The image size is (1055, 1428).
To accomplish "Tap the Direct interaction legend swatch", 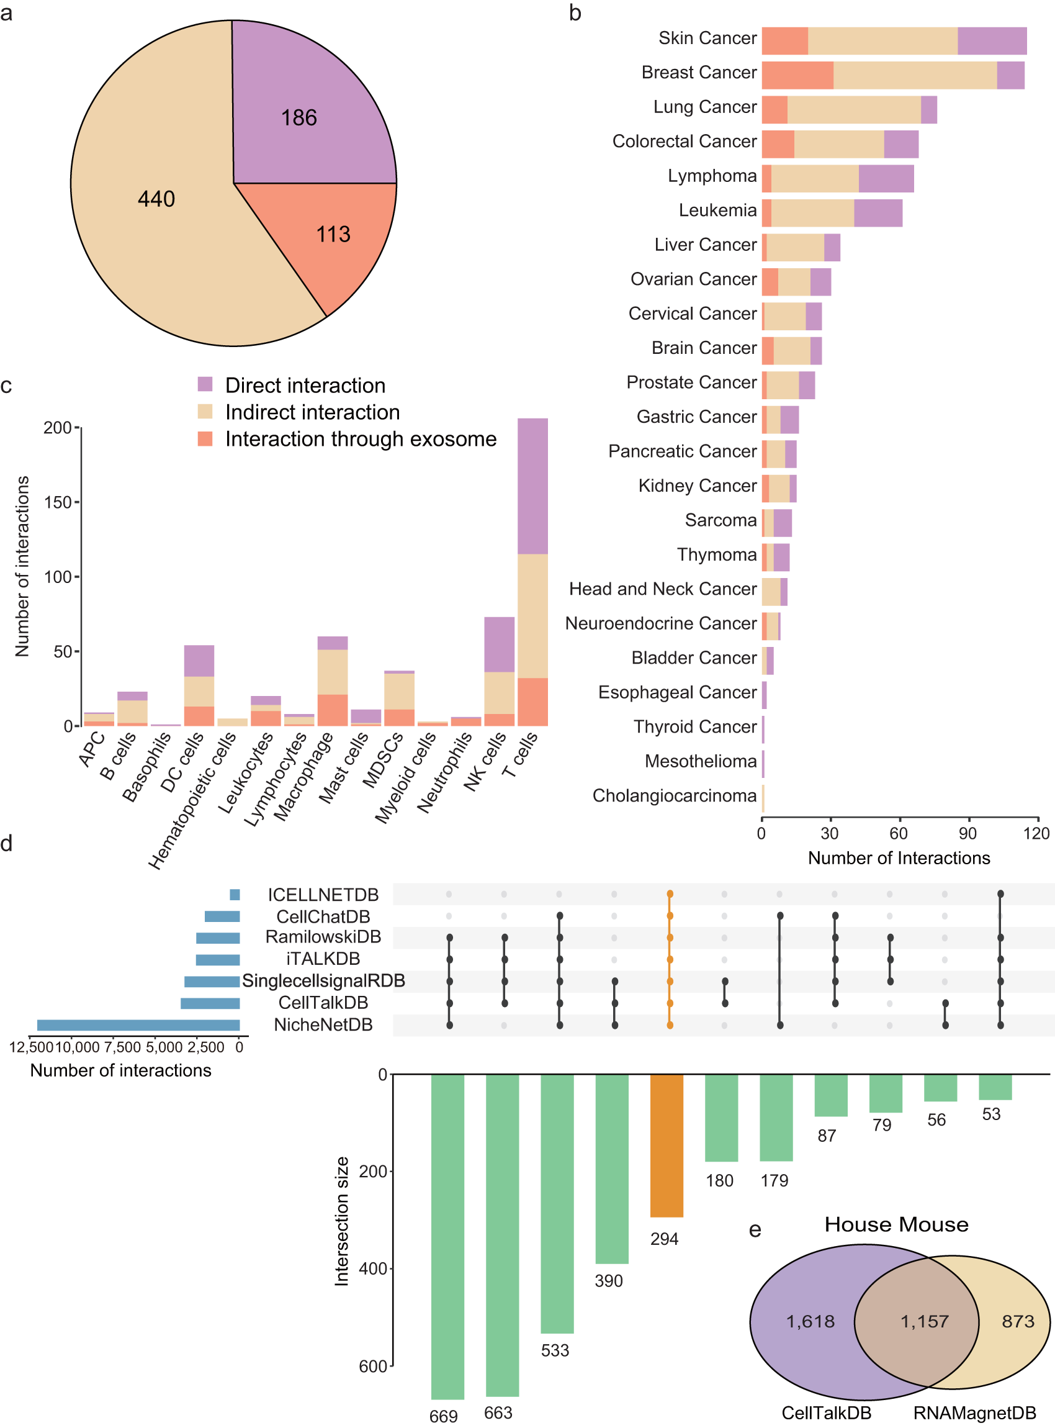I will pos(205,384).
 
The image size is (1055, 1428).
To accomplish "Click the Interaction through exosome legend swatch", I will pos(205,438).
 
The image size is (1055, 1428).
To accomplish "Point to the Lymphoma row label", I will pos(712,176).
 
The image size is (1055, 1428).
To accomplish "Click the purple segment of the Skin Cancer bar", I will pos(992,41).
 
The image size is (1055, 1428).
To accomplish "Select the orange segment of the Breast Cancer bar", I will pos(797,75).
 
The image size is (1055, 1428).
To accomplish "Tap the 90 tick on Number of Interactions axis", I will pos(967,833).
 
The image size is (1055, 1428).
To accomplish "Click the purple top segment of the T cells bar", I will pos(532,486).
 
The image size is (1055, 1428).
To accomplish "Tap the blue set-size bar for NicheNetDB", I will pos(138,1026).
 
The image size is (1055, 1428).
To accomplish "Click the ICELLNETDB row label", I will pos(323,895).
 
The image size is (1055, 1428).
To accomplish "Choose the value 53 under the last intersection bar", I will pos(991,1114).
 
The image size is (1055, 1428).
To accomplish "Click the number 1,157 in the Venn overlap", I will pos(924,1321).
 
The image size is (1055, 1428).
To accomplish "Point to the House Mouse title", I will pos(896,1224).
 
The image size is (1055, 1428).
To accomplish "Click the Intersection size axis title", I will pos(342,1221).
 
